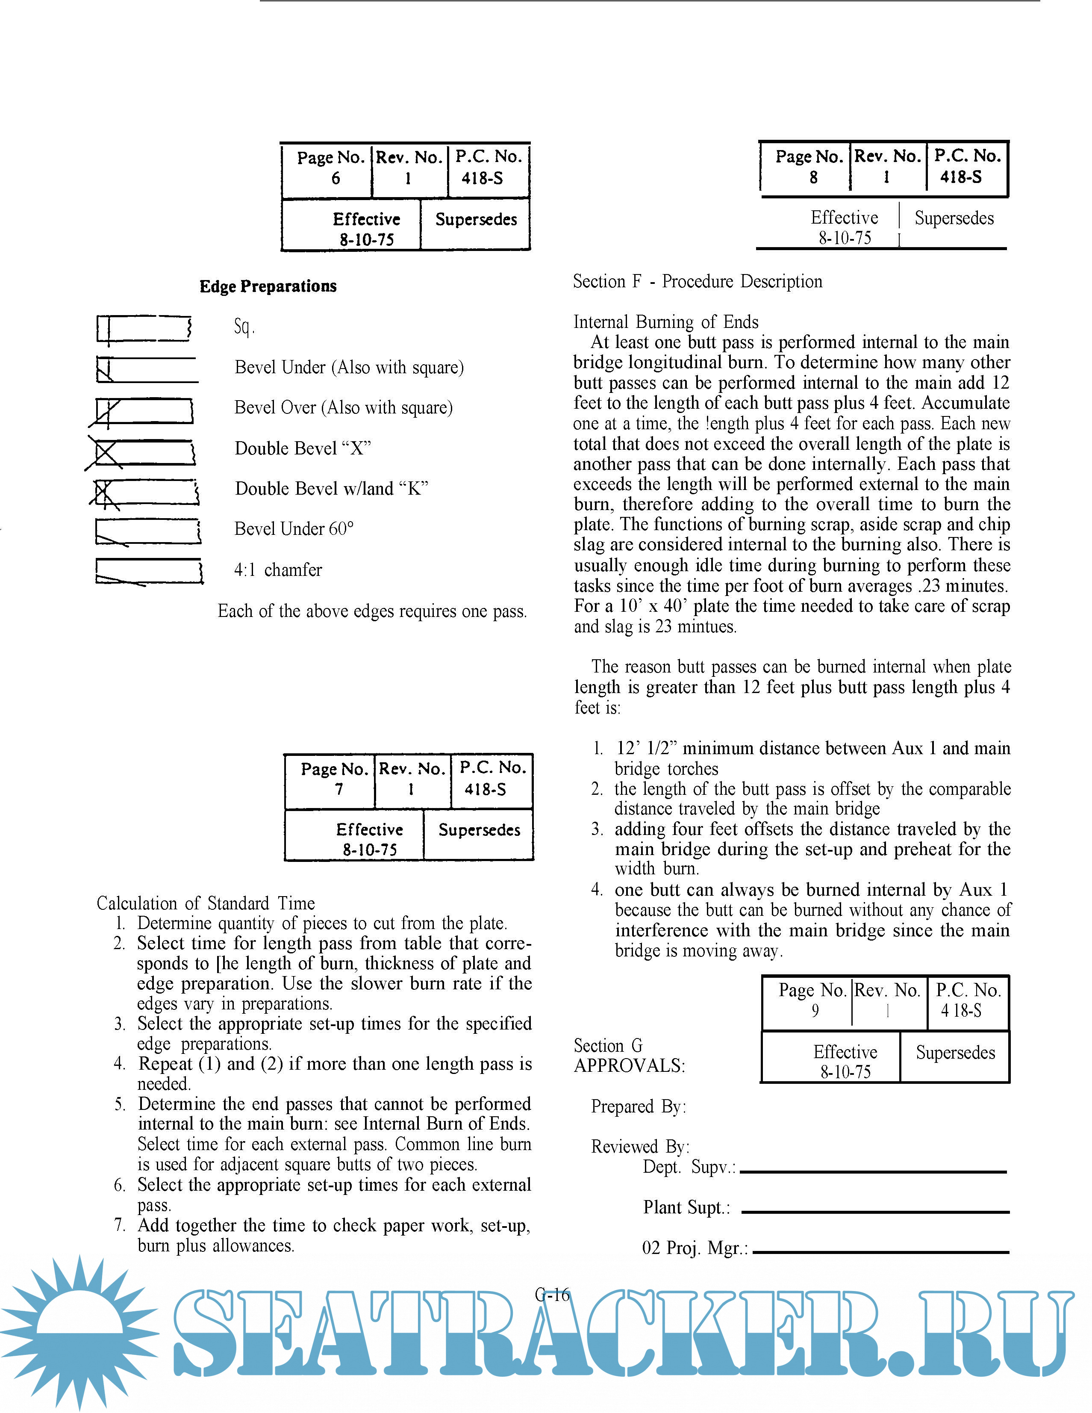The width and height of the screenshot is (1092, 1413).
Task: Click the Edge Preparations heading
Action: coord(268,286)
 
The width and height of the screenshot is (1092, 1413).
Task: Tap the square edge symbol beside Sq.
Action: coord(144,328)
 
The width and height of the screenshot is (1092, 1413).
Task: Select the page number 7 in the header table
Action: coord(338,789)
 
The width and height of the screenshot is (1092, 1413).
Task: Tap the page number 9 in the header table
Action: coord(815,1011)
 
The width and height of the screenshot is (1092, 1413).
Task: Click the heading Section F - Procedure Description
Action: coord(698,281)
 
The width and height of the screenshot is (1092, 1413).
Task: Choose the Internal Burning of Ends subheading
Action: coord(666,322)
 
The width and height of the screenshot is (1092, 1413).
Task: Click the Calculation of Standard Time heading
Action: coord(206,903)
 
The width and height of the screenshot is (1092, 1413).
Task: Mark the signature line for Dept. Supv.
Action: coord(873,1172)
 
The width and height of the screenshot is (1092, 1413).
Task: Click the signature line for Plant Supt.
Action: coord(875,1212)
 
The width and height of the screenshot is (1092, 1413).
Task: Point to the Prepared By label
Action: coord(638,1107)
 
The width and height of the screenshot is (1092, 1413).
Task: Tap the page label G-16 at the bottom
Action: coord(552,1295)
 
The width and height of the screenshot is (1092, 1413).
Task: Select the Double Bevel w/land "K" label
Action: coord(331,489)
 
